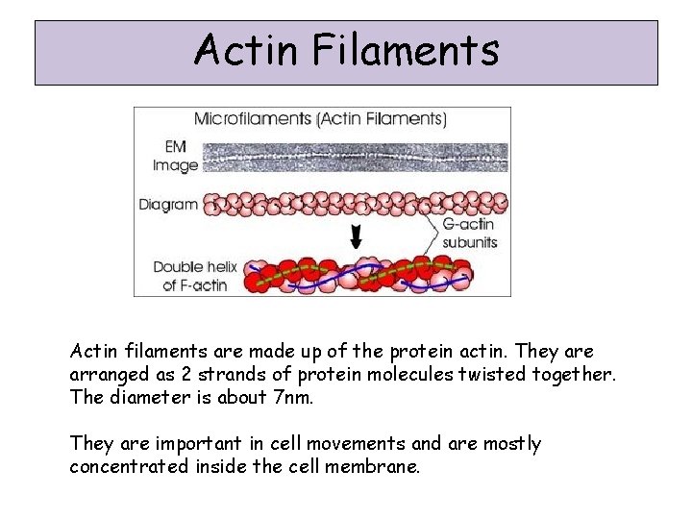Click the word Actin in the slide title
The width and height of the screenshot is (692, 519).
click(x=244, y=50)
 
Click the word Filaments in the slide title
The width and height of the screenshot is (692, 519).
click(x=405, y=50)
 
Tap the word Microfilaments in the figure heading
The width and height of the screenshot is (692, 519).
click(x=254, y=119)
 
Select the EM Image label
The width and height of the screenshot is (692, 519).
click(x=175, y=157)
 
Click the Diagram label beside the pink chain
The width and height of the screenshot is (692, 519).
click(x=167, y=204)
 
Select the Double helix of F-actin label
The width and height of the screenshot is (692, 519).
click(x=195, y=275)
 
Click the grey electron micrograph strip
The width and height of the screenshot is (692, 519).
click(x=356, y=157)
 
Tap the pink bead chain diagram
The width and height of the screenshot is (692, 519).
click(x=356, y=204)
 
